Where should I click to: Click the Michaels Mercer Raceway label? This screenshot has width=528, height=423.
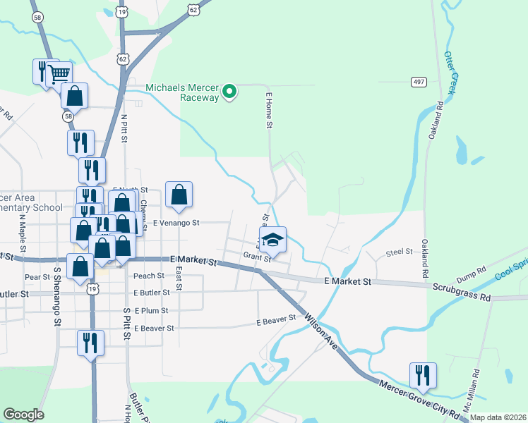click(x=182, y=92)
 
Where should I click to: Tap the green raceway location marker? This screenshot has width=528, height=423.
click(x=229, y=92)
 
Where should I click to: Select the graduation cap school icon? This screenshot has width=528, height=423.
click(x=272, y=240)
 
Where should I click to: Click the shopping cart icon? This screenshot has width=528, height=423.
click(x=59, y=73)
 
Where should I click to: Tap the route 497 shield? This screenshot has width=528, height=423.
click(x=419, y=82)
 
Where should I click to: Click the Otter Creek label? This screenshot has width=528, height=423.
click(x=449, y=73)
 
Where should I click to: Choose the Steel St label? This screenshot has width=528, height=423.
click(x=399, y=252)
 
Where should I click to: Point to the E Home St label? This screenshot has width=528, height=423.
click(x=268, y=110)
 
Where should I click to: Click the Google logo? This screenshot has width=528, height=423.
click(x=23, y=415)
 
